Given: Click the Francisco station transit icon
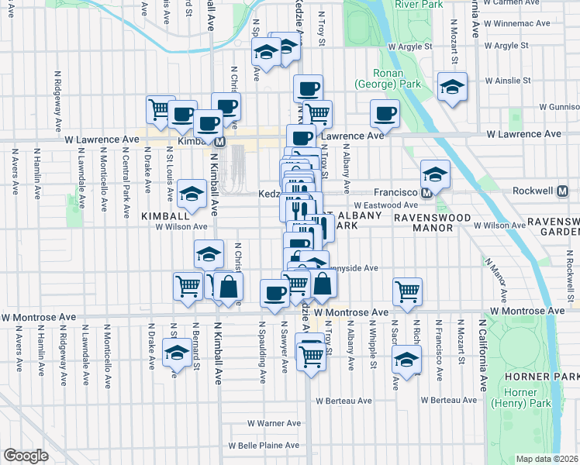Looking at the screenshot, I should [426, 191].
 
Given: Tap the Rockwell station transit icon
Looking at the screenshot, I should [564, 191].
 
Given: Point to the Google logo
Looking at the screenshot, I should [26, 455].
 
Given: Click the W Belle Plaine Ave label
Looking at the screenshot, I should [264, 446].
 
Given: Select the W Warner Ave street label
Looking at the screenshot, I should [274, 423].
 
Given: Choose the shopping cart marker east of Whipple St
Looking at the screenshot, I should [408, 291].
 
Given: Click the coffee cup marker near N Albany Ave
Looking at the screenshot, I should [385, 114].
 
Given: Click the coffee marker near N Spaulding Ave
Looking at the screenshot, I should [274, 292].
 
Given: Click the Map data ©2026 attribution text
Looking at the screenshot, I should [547, 459].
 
